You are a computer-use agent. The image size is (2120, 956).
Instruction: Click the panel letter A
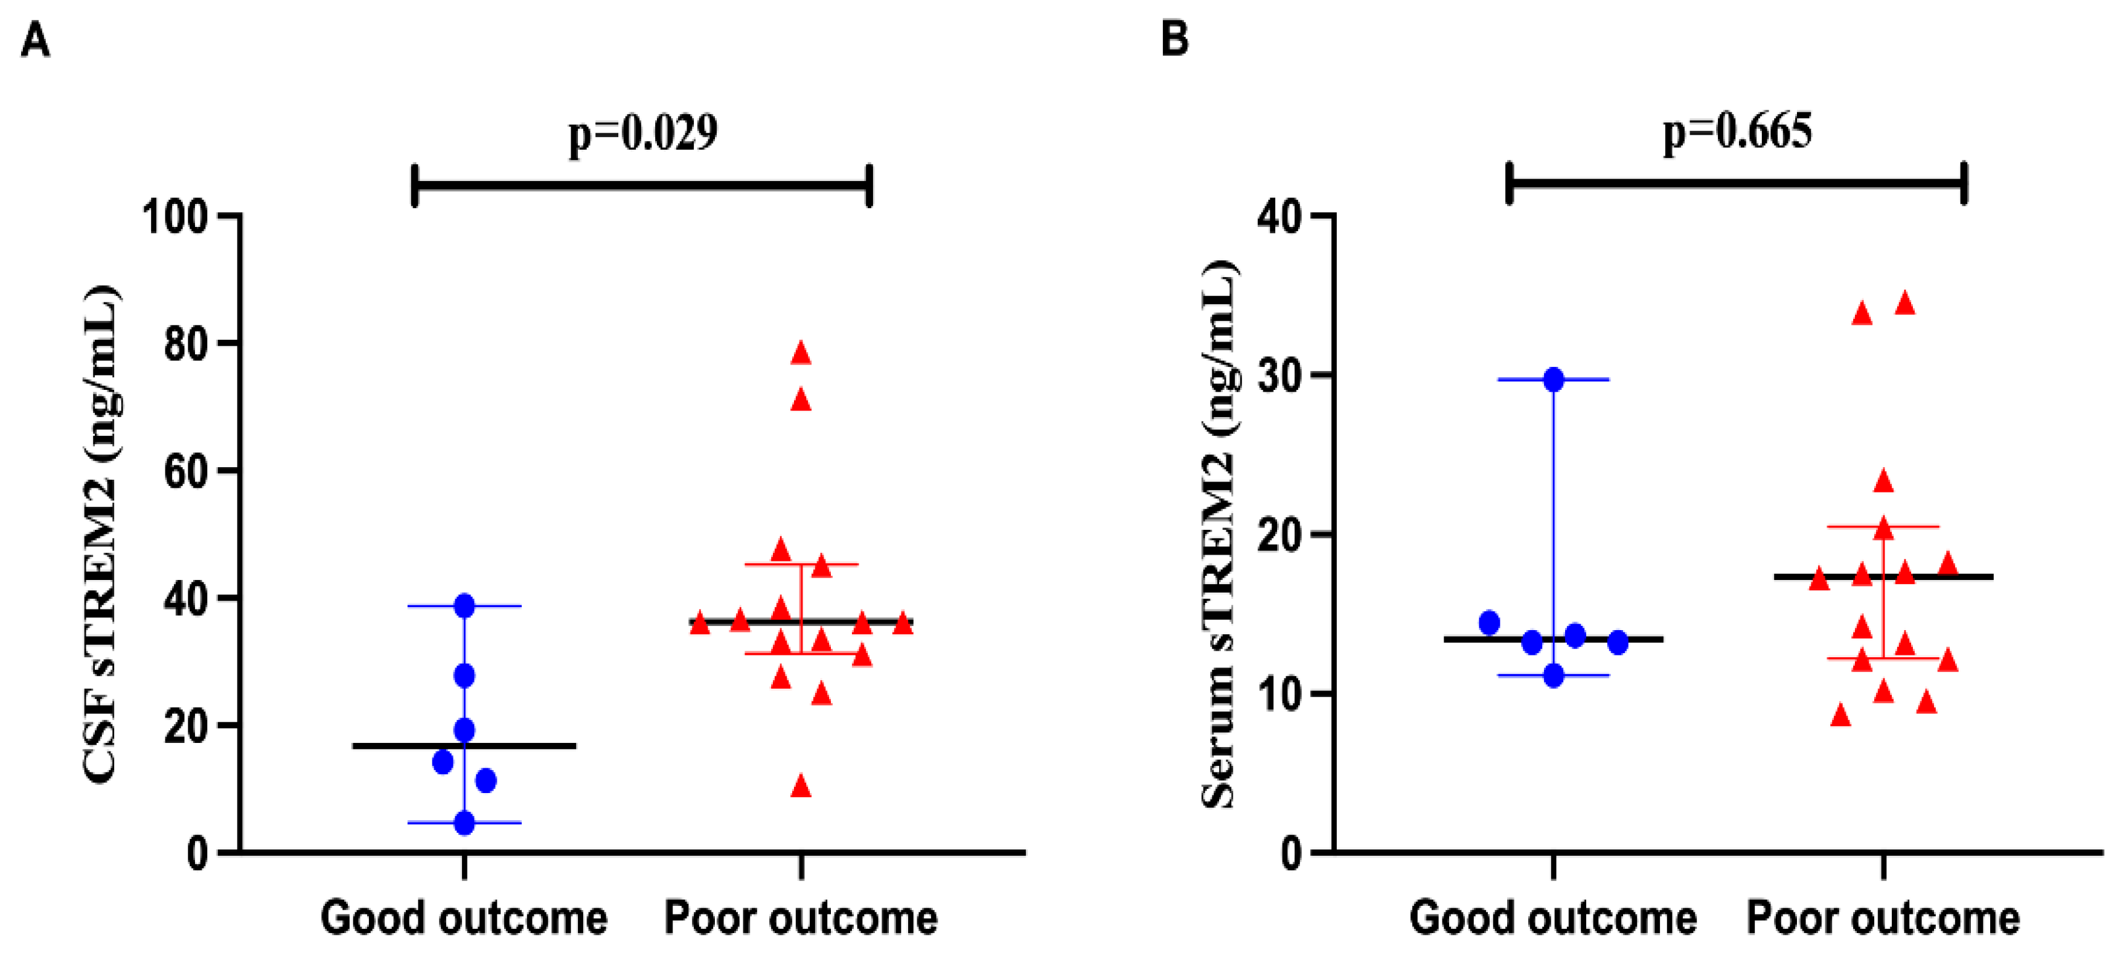[x=36, y=39]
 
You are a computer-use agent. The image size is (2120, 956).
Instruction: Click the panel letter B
[x=1174, y=39]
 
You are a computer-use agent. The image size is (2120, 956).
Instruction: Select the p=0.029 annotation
[x=642, y=132]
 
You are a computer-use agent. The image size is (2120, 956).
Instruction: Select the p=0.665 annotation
[x=1737, y=132]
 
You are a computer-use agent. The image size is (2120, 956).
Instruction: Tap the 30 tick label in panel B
[x=1279, y=375]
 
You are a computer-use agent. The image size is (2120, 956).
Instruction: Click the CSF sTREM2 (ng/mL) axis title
[x=102, y=534]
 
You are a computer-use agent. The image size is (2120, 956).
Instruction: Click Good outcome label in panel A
[x=464, y=917]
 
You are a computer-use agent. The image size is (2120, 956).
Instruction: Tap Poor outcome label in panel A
[x=801, y=917]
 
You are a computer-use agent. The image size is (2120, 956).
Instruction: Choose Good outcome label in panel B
[x=1553, y=917]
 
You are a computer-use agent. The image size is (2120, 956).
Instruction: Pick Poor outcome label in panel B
[x=1883, y=917]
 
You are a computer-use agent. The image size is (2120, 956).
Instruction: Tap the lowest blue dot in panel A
[x=464, y=823]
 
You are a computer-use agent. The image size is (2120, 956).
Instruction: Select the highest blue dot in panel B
[x=1553, y=379]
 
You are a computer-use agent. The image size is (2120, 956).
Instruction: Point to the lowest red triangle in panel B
[x=1841, y=716]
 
